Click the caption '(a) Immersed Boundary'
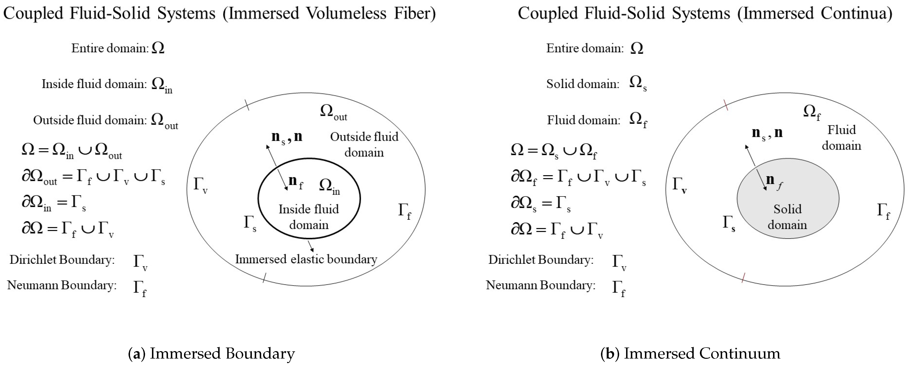coord(211,353)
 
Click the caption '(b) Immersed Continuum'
coord(690,353)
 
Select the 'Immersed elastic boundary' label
coord(306,259)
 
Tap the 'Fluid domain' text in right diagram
coord(842,138)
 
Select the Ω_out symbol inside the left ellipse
coord(333,112)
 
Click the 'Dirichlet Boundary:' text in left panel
coord(62,260)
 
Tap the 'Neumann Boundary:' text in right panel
coord(540,285)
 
